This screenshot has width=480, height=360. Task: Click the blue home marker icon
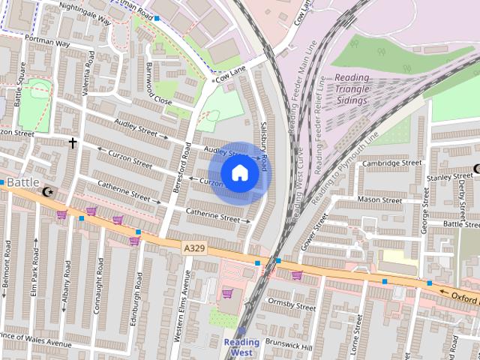tap(239, 173)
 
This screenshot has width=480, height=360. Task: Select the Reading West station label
tap(241, 346)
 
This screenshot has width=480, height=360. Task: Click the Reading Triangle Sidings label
tap(352, 90)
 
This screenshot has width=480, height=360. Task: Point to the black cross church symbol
tap(73, 142)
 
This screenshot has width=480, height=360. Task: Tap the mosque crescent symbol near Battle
tap(49, 192)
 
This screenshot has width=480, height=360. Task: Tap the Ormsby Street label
tap(292, 306)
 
